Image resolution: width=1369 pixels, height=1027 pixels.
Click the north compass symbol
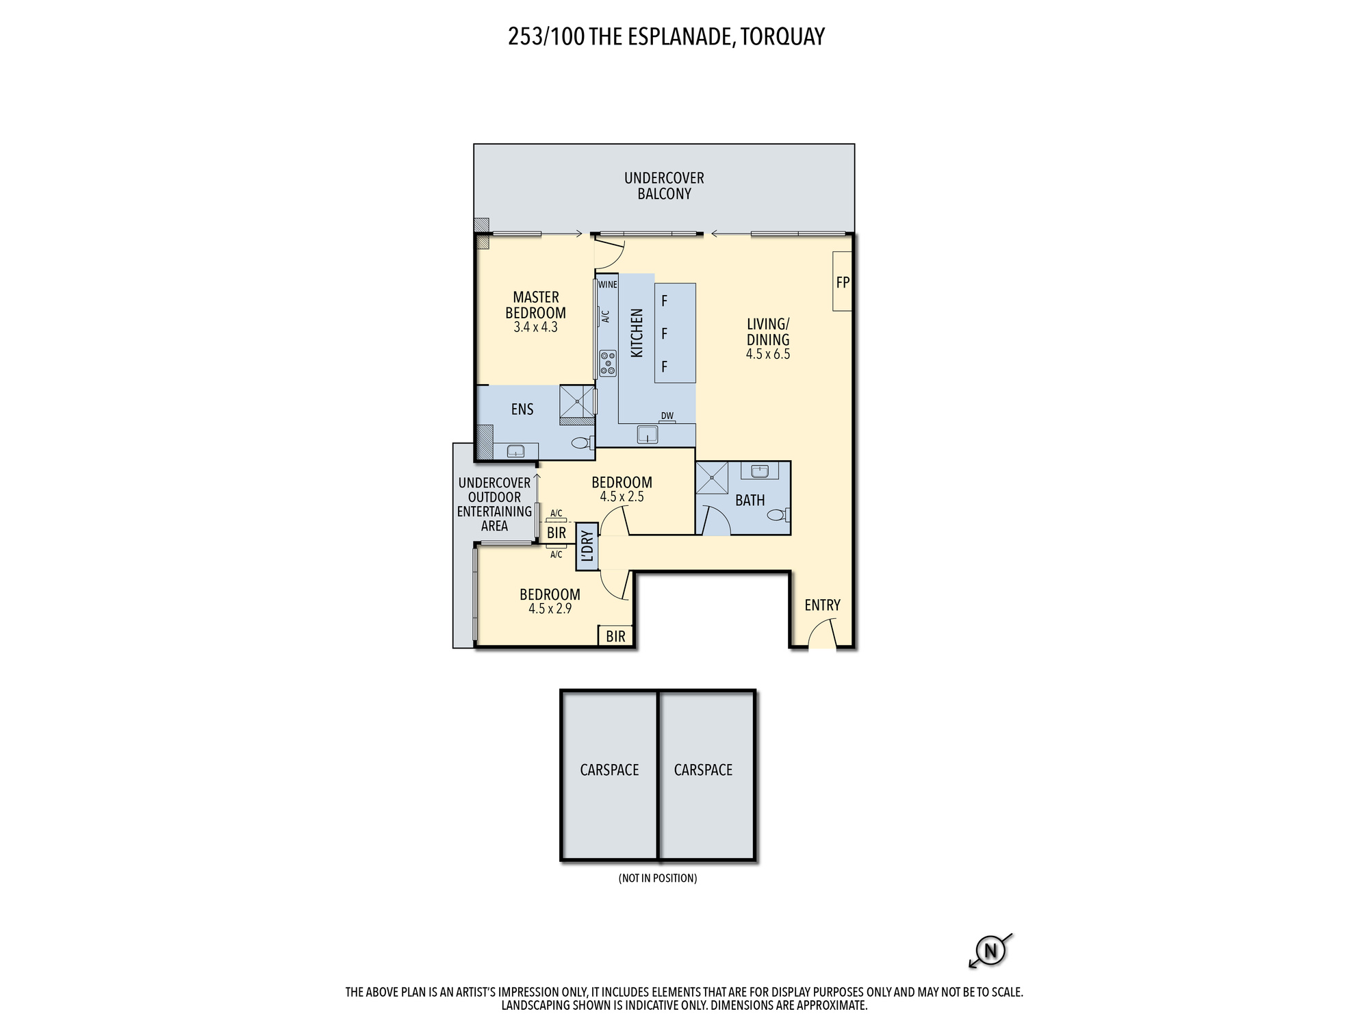point(990,950)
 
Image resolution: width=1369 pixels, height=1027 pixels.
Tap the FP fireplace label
point(843,282)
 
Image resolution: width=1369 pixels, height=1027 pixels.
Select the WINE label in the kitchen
point(608,285)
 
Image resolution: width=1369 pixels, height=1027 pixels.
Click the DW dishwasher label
point(667,416)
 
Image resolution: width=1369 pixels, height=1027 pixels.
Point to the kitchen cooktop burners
point(608,363)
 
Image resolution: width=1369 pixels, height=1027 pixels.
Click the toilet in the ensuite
point(583,443)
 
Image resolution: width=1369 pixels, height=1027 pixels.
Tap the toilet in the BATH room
point(778,515)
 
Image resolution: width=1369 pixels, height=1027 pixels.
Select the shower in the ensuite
point(577,401)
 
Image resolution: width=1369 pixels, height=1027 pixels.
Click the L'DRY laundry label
point(587,547)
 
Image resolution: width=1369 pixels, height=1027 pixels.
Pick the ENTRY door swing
point(822,631)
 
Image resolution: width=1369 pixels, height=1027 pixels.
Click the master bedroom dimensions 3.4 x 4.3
point(535,327)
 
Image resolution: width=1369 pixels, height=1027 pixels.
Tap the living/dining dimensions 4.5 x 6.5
point(768,354)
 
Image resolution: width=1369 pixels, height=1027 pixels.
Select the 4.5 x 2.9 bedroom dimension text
point(550,609)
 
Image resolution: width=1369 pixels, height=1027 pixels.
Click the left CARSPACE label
point(609,770)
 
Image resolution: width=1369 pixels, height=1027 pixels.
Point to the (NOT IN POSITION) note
point(658,878)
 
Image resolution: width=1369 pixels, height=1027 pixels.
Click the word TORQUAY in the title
point(782,36)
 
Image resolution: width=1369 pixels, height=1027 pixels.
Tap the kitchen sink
point(647,434)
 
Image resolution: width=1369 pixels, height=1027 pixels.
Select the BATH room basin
point(760,471)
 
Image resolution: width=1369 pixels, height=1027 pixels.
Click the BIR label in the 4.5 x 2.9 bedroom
point(615,637)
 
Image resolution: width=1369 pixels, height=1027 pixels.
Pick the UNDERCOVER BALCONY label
point(664,186)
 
